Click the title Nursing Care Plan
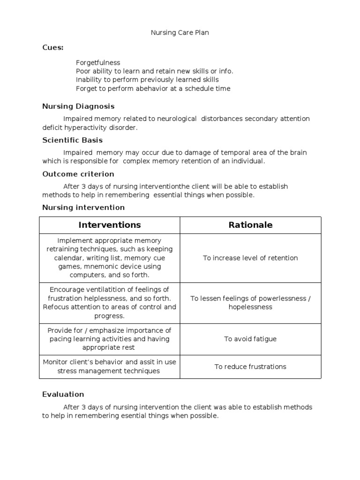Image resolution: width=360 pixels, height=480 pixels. pos(180,33)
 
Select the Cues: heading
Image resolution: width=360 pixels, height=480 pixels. pos(53,48)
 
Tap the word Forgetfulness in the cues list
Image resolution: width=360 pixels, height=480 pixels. pos(98,63)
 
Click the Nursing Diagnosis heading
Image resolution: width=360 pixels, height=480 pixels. pos(78,106)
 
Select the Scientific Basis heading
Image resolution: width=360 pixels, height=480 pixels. pos(73,140)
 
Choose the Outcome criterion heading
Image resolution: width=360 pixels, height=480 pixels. pos(78,174)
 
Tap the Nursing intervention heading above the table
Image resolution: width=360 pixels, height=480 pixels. pos(83,207)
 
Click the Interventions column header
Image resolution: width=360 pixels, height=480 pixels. pos(110,225)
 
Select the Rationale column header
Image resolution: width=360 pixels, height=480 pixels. pos(250,225)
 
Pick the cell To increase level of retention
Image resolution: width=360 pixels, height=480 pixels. pos(250,258)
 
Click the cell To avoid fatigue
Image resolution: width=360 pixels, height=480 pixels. pos(250,339)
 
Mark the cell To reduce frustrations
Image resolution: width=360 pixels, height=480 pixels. pos(250,367)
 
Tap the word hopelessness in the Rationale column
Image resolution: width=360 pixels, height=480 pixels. pos(250,307)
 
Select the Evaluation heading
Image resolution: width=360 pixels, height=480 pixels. pos(63,394)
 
